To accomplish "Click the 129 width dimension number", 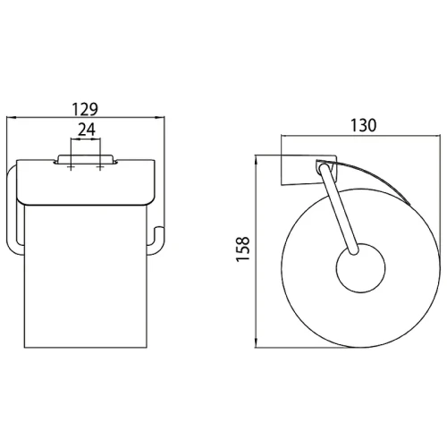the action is pyautogui.click(x=85, y=109).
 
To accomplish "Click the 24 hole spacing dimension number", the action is pyautogui.click(x=87, y=130).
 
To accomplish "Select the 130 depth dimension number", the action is pyautogui.click(x=363, y=125).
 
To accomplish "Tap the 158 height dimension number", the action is pyautogui.click(x=242, y=249).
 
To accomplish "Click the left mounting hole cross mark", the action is pyautogui.click(x=71, y=168).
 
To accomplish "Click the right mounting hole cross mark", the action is pyautogui.click(x=100, y=168).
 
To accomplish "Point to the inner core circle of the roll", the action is pyautogui.click(x=360, y=267).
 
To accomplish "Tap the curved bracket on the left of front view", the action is pyautogui.click(x=13, y=208).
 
